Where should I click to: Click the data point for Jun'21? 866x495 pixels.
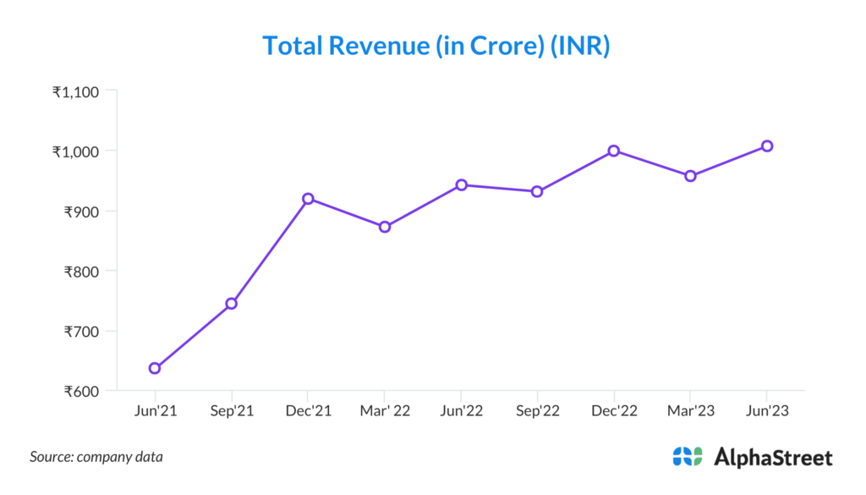tap(155, 368)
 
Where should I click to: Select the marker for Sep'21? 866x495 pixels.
tap(231, 303)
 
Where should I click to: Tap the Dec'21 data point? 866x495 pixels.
tap(308, 199)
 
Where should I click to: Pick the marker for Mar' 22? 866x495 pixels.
tap(385, 227)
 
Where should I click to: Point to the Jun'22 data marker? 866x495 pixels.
tap(461, 184)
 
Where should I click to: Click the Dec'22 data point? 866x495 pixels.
tap(614, 151)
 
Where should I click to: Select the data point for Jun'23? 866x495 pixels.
tap(767, 146)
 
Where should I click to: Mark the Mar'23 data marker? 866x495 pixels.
tap(690, 176)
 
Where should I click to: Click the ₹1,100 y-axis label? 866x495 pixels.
tap(75, 91)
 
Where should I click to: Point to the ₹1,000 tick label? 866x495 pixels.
tap(75, 151)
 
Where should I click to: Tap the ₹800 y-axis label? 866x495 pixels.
tap(80, 272)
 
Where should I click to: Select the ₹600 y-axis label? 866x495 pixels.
tap(80, 392)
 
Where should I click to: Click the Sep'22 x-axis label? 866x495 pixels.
tap(537, 411)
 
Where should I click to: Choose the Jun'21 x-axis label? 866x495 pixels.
tap(155, 411)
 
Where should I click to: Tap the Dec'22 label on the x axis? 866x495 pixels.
tap(614, 411)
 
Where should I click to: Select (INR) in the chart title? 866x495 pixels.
tap(579, 46)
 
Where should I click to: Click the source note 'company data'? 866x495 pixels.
tap(121, 457)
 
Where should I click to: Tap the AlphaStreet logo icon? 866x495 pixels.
tap(688, 457)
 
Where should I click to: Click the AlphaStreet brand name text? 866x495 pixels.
tap(773, 458)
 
